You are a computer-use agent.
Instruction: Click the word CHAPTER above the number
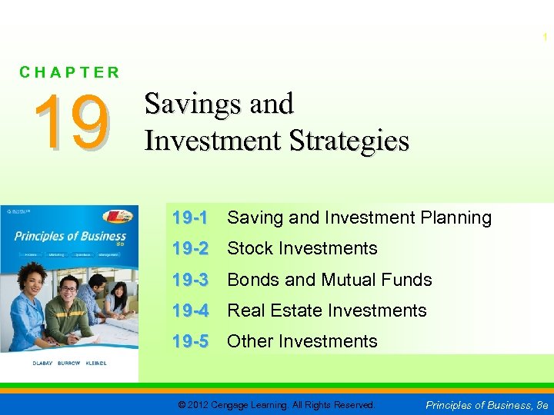coord(70,73)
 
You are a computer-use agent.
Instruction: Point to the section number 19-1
coord(189,218)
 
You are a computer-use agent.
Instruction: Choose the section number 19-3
coord(189,280)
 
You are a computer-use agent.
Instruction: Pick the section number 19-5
coord(189,341)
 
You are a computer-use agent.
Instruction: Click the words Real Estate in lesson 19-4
coord(269,310)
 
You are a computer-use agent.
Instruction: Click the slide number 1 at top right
coord(546,37)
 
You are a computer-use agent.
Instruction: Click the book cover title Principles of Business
coord(69,236)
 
